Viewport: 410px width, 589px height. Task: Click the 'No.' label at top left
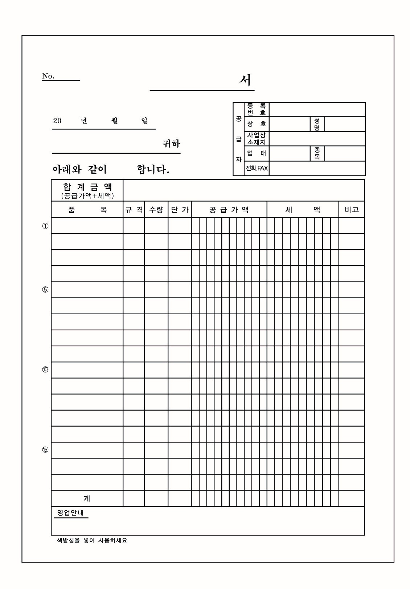(48, 76)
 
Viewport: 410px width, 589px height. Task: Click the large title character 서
(246, 80)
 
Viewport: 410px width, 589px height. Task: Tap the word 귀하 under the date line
(171, 144)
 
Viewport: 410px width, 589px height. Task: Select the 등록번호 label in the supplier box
(257, 109)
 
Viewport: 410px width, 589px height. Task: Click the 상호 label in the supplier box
(257, 124)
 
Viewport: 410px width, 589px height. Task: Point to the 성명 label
(317, 124)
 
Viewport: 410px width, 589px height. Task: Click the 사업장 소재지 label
(257, 139)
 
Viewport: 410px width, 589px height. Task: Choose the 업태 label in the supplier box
(257, 153)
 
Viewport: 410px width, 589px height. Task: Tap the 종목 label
(317, 153)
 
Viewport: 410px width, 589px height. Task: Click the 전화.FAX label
(257, 168)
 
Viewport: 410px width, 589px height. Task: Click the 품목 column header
(87, 210)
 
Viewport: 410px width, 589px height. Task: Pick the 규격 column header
(134, 210)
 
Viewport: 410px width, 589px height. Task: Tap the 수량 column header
(156, 210)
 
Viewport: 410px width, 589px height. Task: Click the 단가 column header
(180, 210)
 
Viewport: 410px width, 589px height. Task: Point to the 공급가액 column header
(229, 210)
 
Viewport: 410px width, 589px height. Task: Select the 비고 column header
(351, 210)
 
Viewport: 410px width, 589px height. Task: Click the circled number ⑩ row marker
(45, 370)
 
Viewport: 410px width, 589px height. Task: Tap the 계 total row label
(87, 499)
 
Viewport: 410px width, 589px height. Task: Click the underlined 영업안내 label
(71, 513)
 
